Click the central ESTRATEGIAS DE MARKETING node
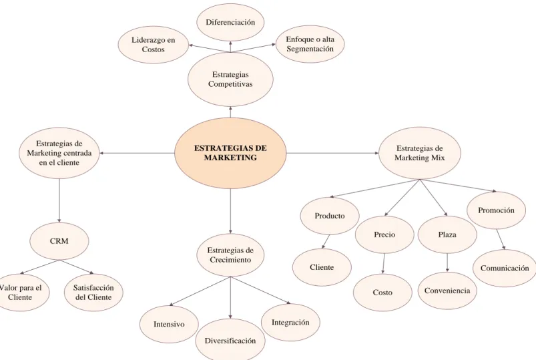pos(230,153)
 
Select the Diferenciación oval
pos(230,22)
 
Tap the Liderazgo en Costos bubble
pos(153,45)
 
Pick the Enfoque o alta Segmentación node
pos(310,44)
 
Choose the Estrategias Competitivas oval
pos(230,79)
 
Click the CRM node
pos(59,241)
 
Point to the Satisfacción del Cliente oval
pos(93,293)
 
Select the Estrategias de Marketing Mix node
pos(420,153)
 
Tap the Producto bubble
pos(330,216)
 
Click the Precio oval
pos(384,234)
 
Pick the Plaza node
pos(447,234)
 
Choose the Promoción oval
pos(497,210)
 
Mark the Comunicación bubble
pos(505,268)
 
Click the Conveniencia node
pos(447,291)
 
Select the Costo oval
pos(382,293)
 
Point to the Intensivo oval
pos(169,325)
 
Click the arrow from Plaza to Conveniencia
pos(447,262)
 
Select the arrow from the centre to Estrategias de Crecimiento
pos(230,212)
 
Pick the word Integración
pos(290,323)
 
